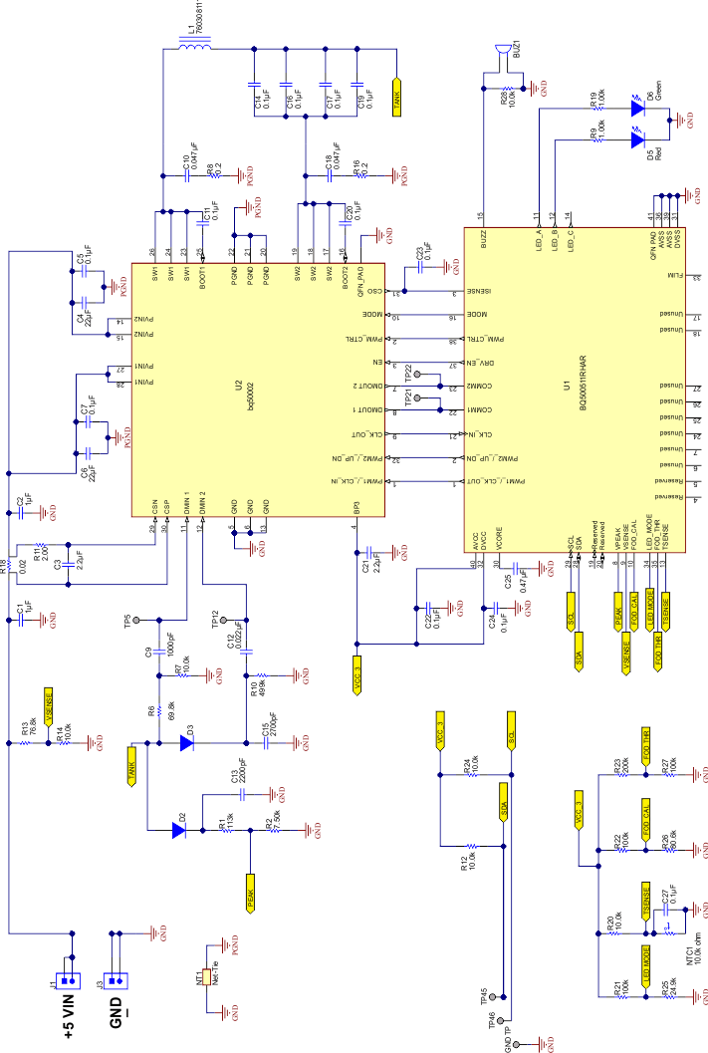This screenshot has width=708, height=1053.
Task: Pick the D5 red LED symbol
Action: (x=639, y=139)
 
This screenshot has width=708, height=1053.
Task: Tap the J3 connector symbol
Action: (x=115, y=977)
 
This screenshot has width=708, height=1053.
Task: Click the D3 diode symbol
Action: (x=186, y=741)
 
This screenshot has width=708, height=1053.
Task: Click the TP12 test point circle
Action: (x=225, y=618)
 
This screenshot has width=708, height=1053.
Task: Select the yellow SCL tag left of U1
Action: (x=572, y=606)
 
